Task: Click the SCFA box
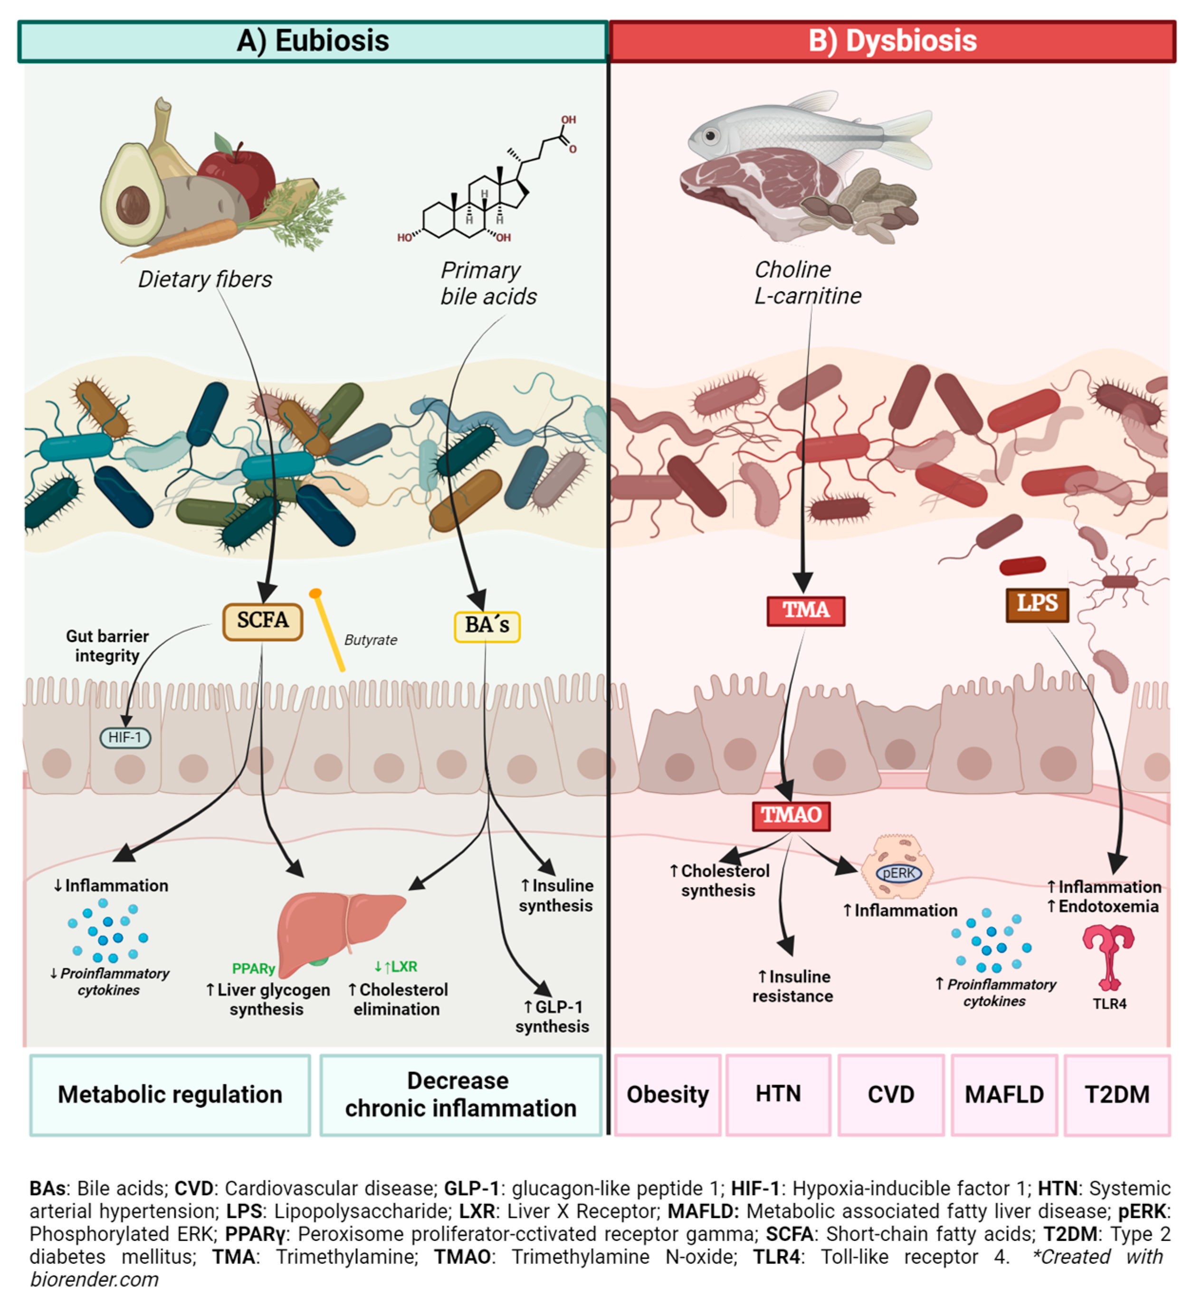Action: click(262, 622)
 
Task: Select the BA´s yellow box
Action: click(487, 626)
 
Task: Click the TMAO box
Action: click(790, 815)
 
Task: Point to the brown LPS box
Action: click(1036, 604)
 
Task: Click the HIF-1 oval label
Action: click(125, 738)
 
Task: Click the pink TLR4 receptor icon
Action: click(1107, 955)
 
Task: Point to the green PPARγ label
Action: click(253, 968)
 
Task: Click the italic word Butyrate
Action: click(371, 640)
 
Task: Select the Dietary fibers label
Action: click(205, 279)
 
